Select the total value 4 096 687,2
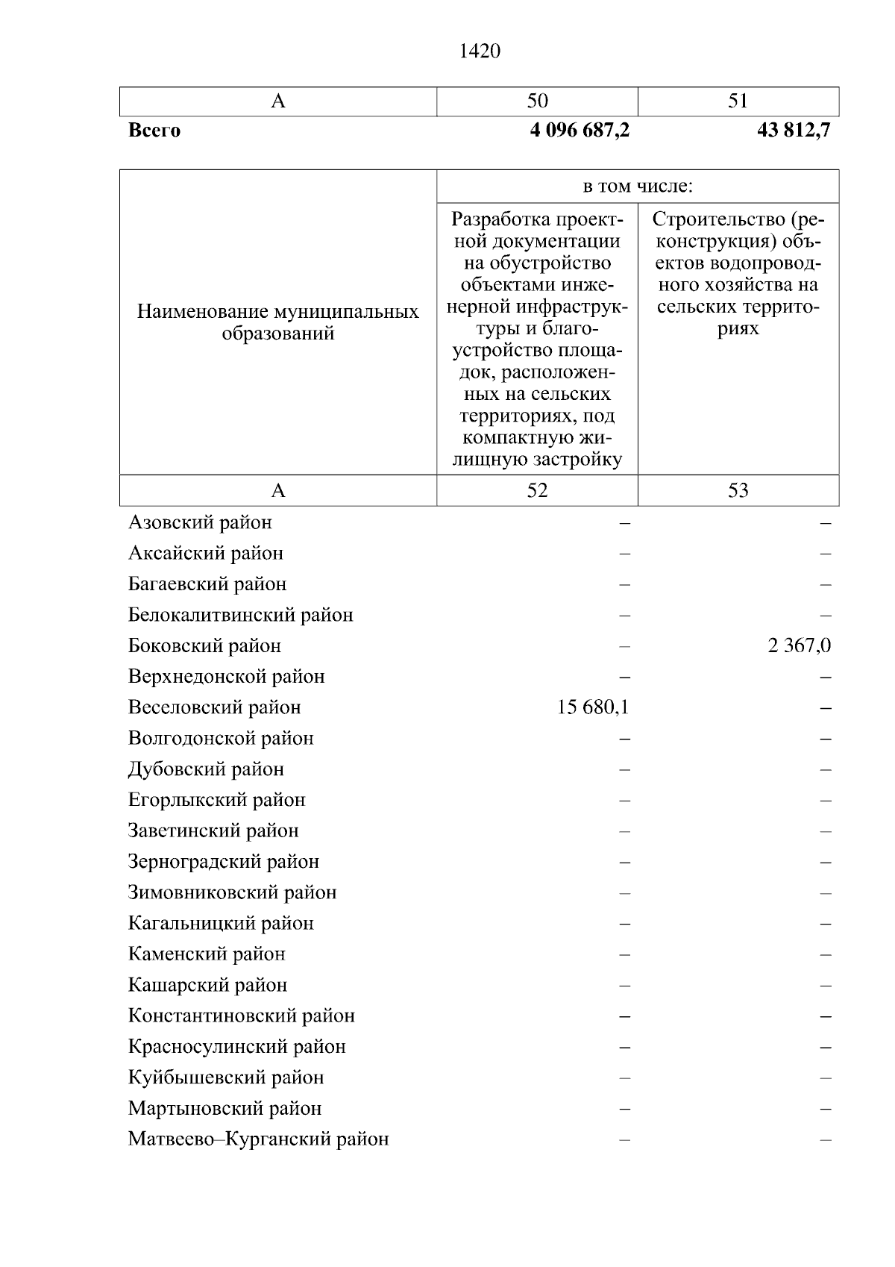[580, 131]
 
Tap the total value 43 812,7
[793, 131]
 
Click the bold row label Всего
[154, 131]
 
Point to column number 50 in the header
[537, 101]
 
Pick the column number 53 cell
[738, 490]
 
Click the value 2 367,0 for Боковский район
[799, 645]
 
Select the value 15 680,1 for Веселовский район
[593, 707]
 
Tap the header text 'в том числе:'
[638, 186]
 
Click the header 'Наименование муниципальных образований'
[277, 322]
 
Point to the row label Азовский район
[200, 522]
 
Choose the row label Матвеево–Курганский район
[258, 1139]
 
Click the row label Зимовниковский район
[232, 892]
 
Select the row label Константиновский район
[241, 1016]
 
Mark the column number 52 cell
[537, 490]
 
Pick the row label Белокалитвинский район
[240, 615]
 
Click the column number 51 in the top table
[738, 101]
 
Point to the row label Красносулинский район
[236, 1047]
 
